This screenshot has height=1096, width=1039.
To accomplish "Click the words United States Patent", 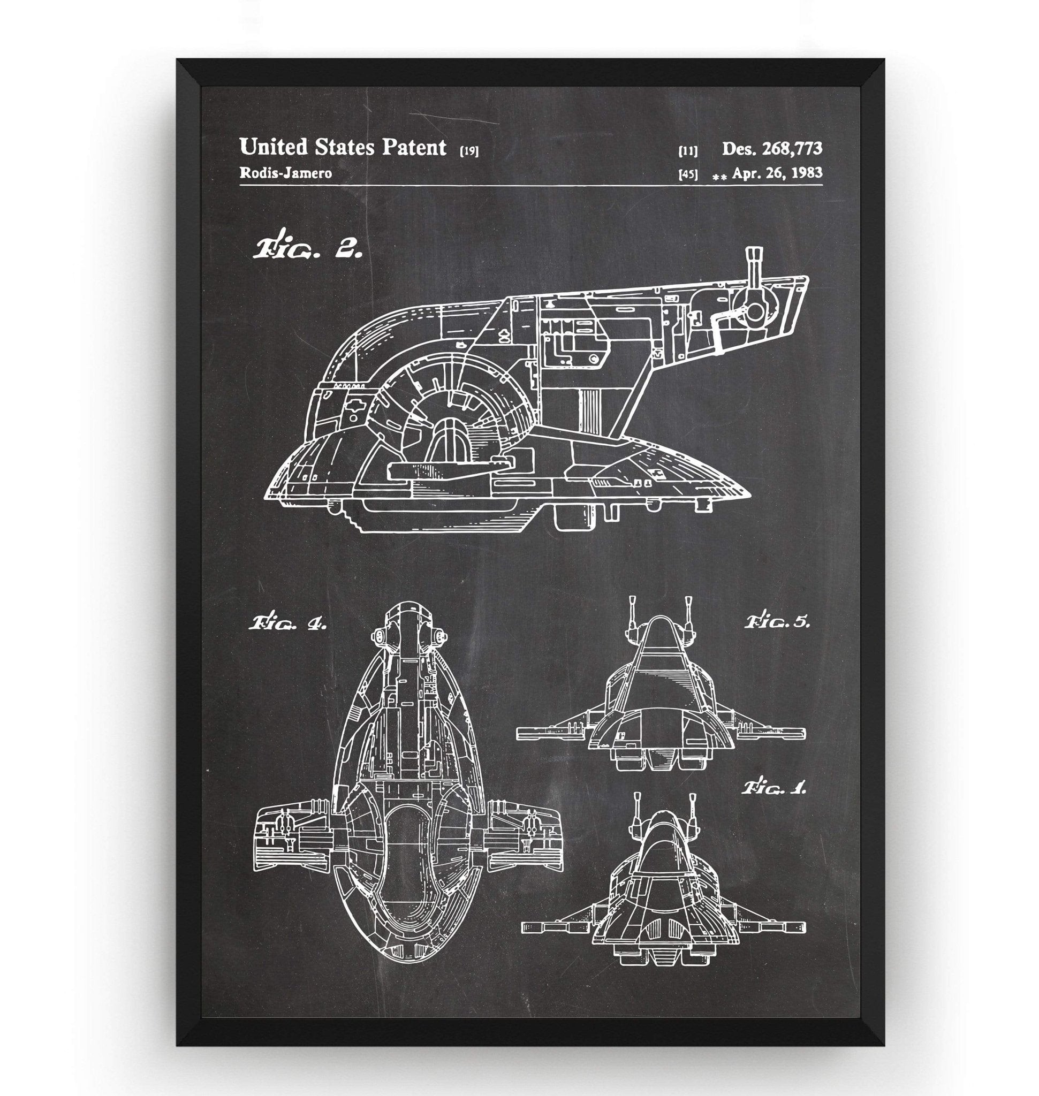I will [342, 148].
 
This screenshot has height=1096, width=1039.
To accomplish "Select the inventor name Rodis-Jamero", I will [285, 173].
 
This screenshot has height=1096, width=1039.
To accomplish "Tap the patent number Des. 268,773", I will [771, 148].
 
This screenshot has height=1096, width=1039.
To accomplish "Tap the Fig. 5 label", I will [777, 622].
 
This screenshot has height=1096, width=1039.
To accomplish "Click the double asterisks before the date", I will [720, 177].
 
